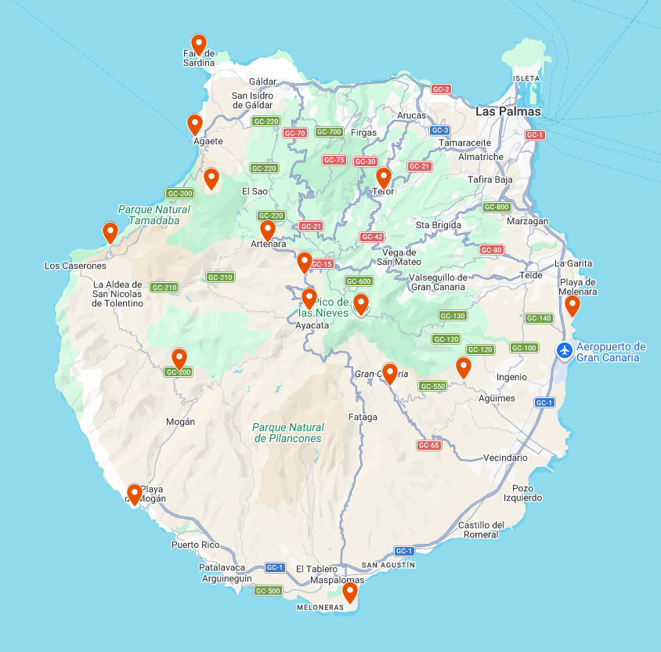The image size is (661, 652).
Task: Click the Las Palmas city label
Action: tap(507, 111)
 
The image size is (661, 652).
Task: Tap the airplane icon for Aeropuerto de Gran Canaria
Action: tap(565, 350)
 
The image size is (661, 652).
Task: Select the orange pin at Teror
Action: tap(383, 179)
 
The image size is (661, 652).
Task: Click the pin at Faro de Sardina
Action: tap(199, 44)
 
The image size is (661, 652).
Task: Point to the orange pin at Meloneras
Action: tap(349, 592)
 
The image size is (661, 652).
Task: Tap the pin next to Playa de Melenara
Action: tap(573, 306)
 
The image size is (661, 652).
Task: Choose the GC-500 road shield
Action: tap(268, 590)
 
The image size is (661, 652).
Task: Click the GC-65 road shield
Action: tap(429, 445)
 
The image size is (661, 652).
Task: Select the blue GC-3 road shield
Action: tap(439, 130)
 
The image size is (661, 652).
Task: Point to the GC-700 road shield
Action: tap(329, 132)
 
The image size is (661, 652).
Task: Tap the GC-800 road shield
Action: tap(497, 207)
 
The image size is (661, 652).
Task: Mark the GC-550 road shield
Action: tap(432, 386)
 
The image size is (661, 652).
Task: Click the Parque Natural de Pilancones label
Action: tap(288, 433)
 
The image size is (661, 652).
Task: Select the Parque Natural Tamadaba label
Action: tap(154, 215)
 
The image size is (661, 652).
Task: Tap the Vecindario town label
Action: tap(505, 458)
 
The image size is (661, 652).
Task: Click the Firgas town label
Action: tap(363, 132)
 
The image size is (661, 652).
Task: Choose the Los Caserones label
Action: tap(75, 266)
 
